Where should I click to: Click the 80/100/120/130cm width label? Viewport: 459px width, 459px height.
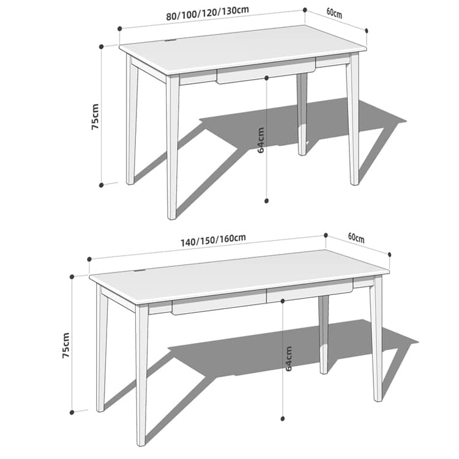207,13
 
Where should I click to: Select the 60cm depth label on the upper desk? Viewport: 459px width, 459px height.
334,13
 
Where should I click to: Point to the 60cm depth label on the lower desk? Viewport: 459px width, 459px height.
356,237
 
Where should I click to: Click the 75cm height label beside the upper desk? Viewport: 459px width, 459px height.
95,116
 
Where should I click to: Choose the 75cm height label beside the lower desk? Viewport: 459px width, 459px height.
66,345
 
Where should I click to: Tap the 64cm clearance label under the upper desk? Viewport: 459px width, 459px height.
261,140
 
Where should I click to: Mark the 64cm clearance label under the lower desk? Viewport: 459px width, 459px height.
288,358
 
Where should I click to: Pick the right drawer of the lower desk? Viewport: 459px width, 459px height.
310,290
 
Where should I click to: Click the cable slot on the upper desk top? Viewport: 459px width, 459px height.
170,40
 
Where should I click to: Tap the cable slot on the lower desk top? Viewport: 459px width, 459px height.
139,271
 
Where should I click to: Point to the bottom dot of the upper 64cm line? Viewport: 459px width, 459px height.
266,201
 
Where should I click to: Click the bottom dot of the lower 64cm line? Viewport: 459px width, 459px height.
283,419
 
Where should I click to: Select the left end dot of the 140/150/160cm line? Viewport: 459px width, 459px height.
89,259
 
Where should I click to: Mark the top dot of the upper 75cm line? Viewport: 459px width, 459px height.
101,47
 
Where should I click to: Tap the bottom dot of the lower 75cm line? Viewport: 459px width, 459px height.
72,412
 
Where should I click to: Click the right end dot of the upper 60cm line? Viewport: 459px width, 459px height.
367,31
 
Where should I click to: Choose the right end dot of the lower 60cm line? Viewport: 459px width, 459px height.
390,255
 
